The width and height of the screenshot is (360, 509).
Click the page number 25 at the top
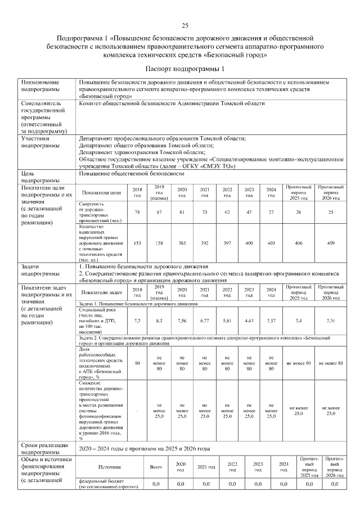pyautogui.click(x=184, y=25)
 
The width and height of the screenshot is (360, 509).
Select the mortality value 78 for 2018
pyautogui.click(x=137, y=212)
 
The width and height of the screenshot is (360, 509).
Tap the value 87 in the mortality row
pyautogui.click(x=159, y=212)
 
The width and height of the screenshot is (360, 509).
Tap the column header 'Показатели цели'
pyautogui.click(x=101, y=192)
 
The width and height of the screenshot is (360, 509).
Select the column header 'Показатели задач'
pyautogui.click(x=101, y=292)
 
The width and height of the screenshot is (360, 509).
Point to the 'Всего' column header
pyautogui.click(x=156, y=467)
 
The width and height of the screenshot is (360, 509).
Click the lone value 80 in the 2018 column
pyautogui.click(x=137, y=363)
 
